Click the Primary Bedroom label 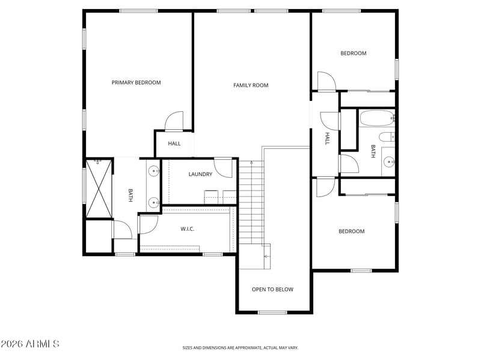tap(136, 82)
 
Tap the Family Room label tap(251, 85)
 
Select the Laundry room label tap(200, 174)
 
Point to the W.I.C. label tap(187, 229)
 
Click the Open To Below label tap(272, 289)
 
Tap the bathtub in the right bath tap(377, 118)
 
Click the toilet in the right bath tap(387, 137)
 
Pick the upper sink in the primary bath tap(154, 171)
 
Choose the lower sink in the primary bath tap(154, 203)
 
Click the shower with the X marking tap(99, 188)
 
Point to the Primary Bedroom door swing tap(174, 121)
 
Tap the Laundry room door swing tap(223, 168)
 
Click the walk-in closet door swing tap(148, 225)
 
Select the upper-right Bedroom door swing tap(326, 82)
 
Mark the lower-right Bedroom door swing tap(326, 188)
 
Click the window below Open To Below tap(272, 313)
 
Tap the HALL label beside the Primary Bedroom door tap(174, 144)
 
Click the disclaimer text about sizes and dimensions tap(240, 348)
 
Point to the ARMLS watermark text tap(29, 344)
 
